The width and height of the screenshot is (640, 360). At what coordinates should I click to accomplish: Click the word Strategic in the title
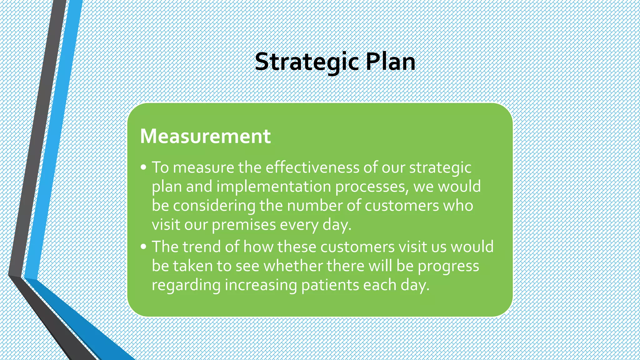point(306,62)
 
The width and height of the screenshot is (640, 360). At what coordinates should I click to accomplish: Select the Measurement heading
point(205,136)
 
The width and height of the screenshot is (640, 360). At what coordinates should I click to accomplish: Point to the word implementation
point(273,187)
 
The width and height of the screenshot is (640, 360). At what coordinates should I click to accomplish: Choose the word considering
point(214,206)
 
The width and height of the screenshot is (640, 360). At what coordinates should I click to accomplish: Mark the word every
point(299,225)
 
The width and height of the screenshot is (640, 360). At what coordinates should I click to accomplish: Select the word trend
point(202,247)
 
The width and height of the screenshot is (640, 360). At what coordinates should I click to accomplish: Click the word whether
point(293,266)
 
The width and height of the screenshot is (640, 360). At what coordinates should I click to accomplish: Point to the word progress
point(448,267)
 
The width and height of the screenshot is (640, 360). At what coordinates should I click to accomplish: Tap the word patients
point(330,285)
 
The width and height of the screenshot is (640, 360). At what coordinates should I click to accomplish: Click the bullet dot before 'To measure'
point(143,167)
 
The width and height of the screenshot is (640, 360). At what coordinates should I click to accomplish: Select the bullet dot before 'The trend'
point(143,247)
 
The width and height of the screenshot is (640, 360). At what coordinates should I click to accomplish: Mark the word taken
point(192,266)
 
